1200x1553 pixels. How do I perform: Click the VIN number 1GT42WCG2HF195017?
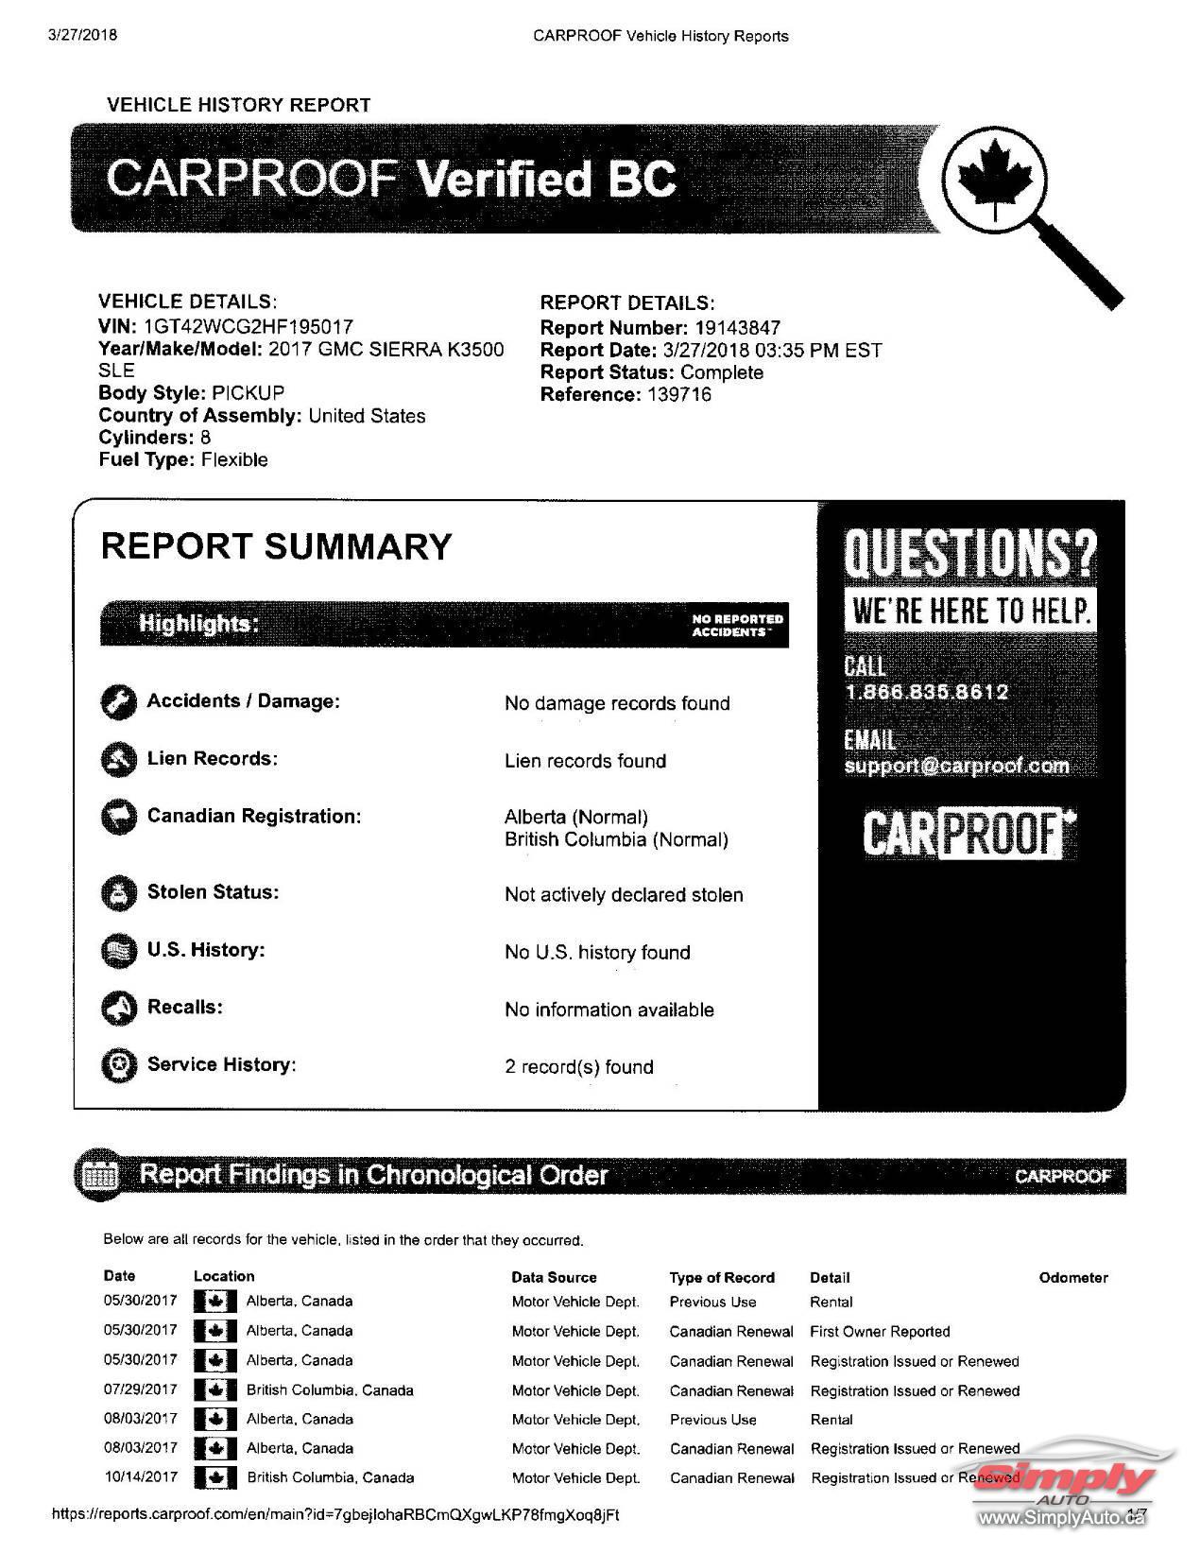point(248,327)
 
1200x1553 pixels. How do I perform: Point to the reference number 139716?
point(679,394)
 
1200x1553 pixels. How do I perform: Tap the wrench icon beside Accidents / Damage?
point(118,701)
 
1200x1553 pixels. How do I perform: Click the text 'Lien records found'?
point(585,761)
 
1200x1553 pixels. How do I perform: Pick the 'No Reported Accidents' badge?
point(738,625)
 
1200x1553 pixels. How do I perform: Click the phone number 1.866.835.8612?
point(927,692)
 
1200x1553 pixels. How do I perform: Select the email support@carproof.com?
point(956,766)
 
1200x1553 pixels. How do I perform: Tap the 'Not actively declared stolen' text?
point(624,894)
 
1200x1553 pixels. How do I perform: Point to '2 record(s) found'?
point(578,1066)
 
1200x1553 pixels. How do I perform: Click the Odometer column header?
point(1073,1277)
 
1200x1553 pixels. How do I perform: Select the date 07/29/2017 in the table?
point(140,1389)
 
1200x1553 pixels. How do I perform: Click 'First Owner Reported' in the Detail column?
point(880,1331)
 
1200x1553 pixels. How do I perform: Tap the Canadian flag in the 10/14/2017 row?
point(215,1477)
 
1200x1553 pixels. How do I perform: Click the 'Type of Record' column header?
point(722,1277)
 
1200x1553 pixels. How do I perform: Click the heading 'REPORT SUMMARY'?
point(277,546)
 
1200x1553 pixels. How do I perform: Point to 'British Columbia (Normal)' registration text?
point(616,839)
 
